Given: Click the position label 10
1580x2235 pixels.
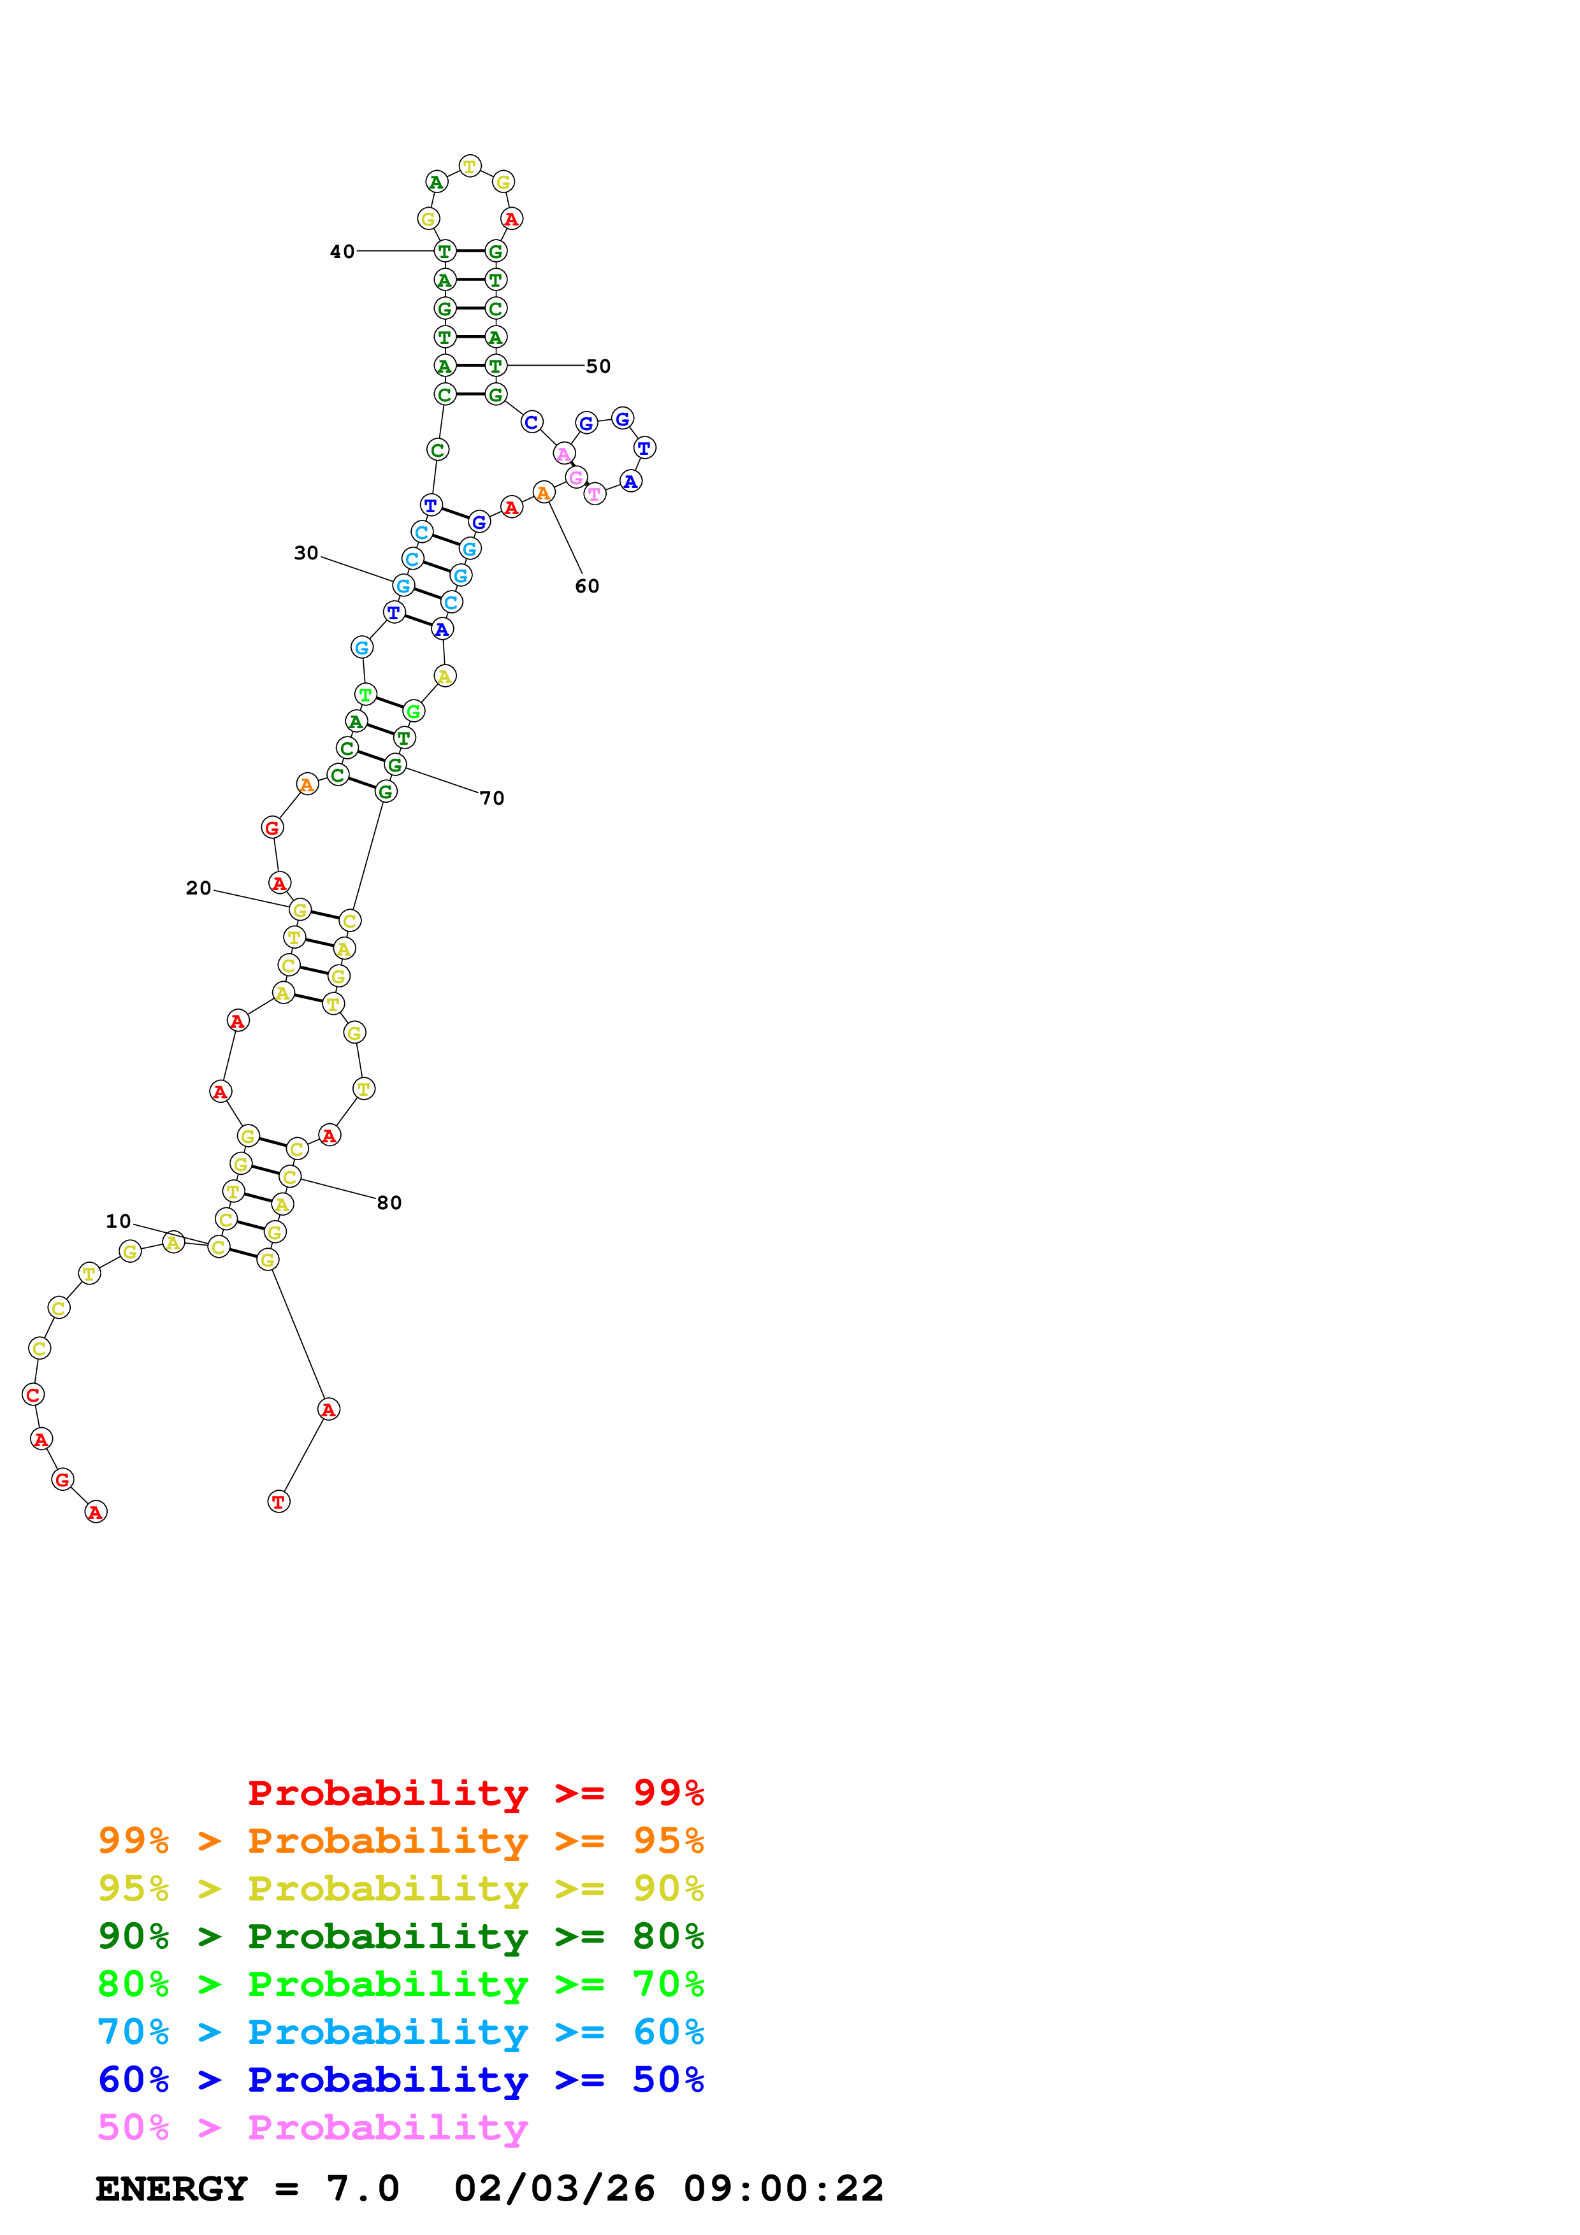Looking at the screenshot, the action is coord(118,1221).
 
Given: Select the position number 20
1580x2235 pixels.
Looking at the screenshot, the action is coord(199,888).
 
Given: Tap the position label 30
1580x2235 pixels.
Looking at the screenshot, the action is coord(306,553).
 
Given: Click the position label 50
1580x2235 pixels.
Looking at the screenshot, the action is coord(598,366).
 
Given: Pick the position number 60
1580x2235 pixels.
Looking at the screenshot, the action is coord(587,586).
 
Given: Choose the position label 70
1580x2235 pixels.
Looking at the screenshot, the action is coord(491,798).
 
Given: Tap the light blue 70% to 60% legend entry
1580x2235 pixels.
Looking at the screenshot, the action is coord(400,2032).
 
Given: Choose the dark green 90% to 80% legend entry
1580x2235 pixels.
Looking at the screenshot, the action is coord(400,1936).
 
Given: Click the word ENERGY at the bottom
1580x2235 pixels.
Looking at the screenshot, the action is coord(171,2188).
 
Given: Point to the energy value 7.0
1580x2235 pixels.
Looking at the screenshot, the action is coord(362,2188).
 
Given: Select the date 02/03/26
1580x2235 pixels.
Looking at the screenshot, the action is coord(554,2188).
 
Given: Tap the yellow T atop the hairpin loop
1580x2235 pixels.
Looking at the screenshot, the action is coord(470,166).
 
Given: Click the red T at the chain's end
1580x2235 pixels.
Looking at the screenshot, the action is coord(279,1502).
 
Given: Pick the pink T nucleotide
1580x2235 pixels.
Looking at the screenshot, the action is coord(595,494).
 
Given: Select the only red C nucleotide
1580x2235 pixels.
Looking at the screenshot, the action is coord(33,1395).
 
